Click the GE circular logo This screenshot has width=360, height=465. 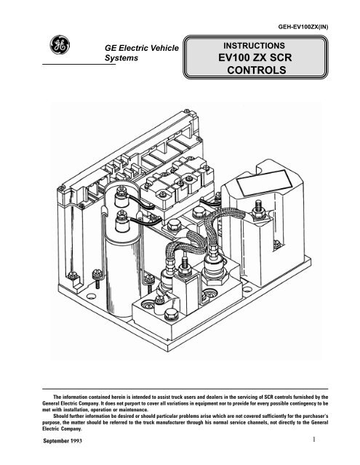(x=60, y=45)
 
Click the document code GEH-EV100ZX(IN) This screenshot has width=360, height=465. (x=303, y=27)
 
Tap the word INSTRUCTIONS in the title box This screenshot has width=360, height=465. (x=254, y=46)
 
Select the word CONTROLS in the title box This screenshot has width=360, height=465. (x=257, y=70)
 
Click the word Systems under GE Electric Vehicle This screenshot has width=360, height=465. (x=121, y=58)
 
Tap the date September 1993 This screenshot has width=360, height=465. (x=63, y=441)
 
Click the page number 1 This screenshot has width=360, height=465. (x=314, y=439)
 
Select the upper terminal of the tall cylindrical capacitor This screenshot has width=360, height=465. (x=121, y=195)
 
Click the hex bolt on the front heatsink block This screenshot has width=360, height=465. (x=171, y=314)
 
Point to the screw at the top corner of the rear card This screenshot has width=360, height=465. (x=187, y=111)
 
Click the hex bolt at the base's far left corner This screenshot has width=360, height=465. (x=73, y=275)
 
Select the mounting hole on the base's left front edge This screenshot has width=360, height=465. (x=91, y=296)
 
